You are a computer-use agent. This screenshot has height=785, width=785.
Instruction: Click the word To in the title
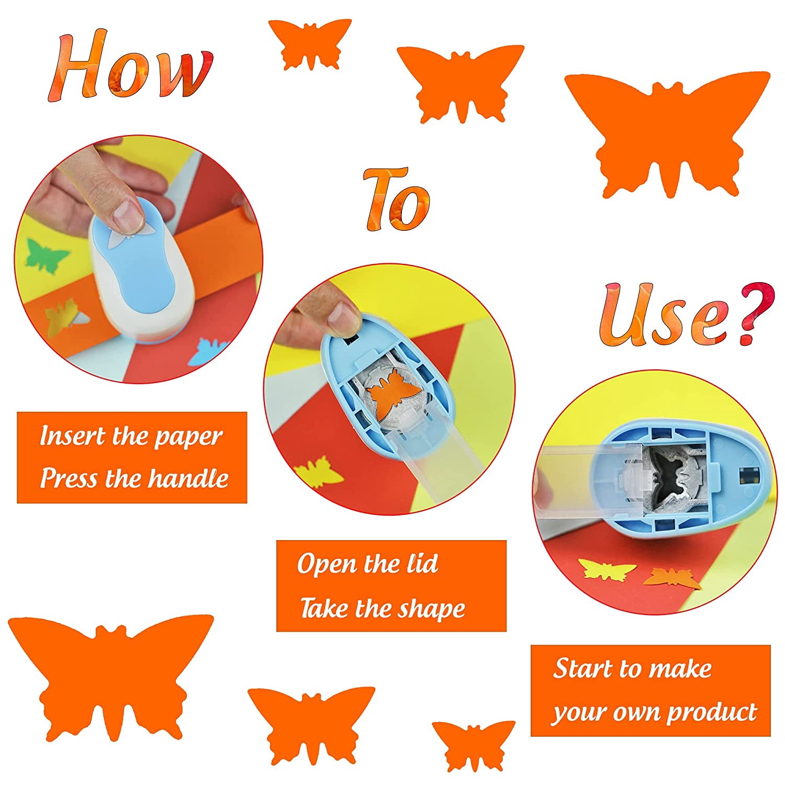(397, 199)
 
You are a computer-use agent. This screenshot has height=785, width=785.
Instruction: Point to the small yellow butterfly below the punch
(607, 569)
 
